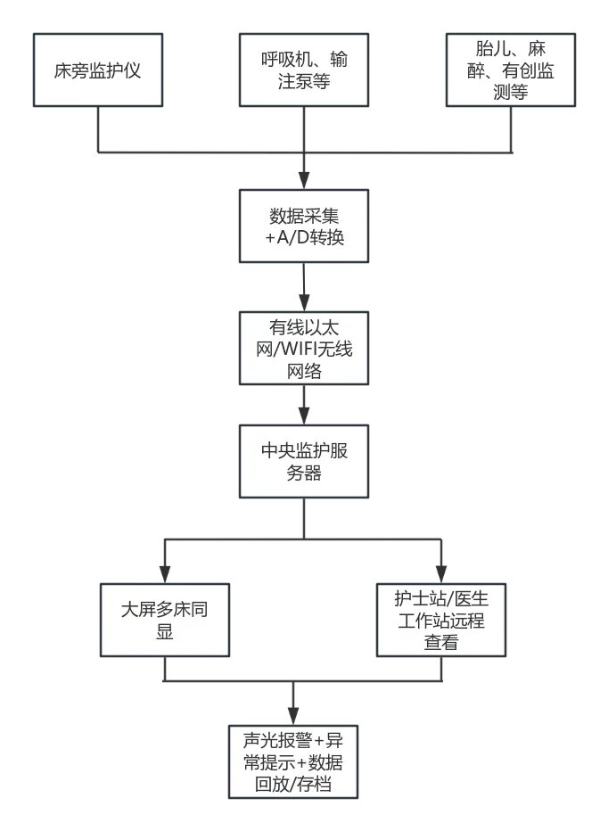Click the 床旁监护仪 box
(x=97, y=71)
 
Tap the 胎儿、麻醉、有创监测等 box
(x=510, y=71)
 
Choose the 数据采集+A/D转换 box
(x=303, y=226)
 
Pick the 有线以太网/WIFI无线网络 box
(x=303, y=349)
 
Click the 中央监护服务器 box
(x=303, y=462)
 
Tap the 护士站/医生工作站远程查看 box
(x=441, y=620)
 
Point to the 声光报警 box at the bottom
(x=292, y=762)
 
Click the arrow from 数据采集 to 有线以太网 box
(x=303, y=285)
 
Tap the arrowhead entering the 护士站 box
(x=441, y=572)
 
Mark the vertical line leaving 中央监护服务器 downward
(x=303, y=517)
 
